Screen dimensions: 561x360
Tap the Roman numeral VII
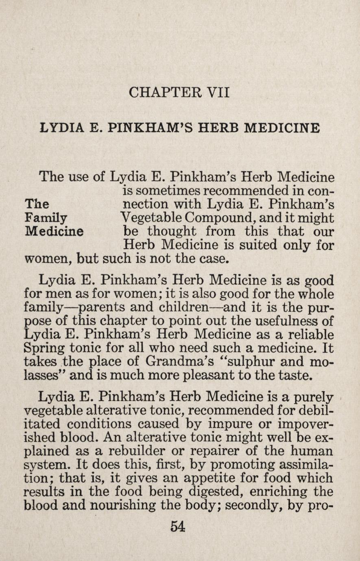tap(218, 92)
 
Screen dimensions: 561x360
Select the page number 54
tap(178, 526)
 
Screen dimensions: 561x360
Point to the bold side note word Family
tap(46, 218)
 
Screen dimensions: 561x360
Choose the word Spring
tap(44, 349)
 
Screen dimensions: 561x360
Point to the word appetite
tap(191, 479)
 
